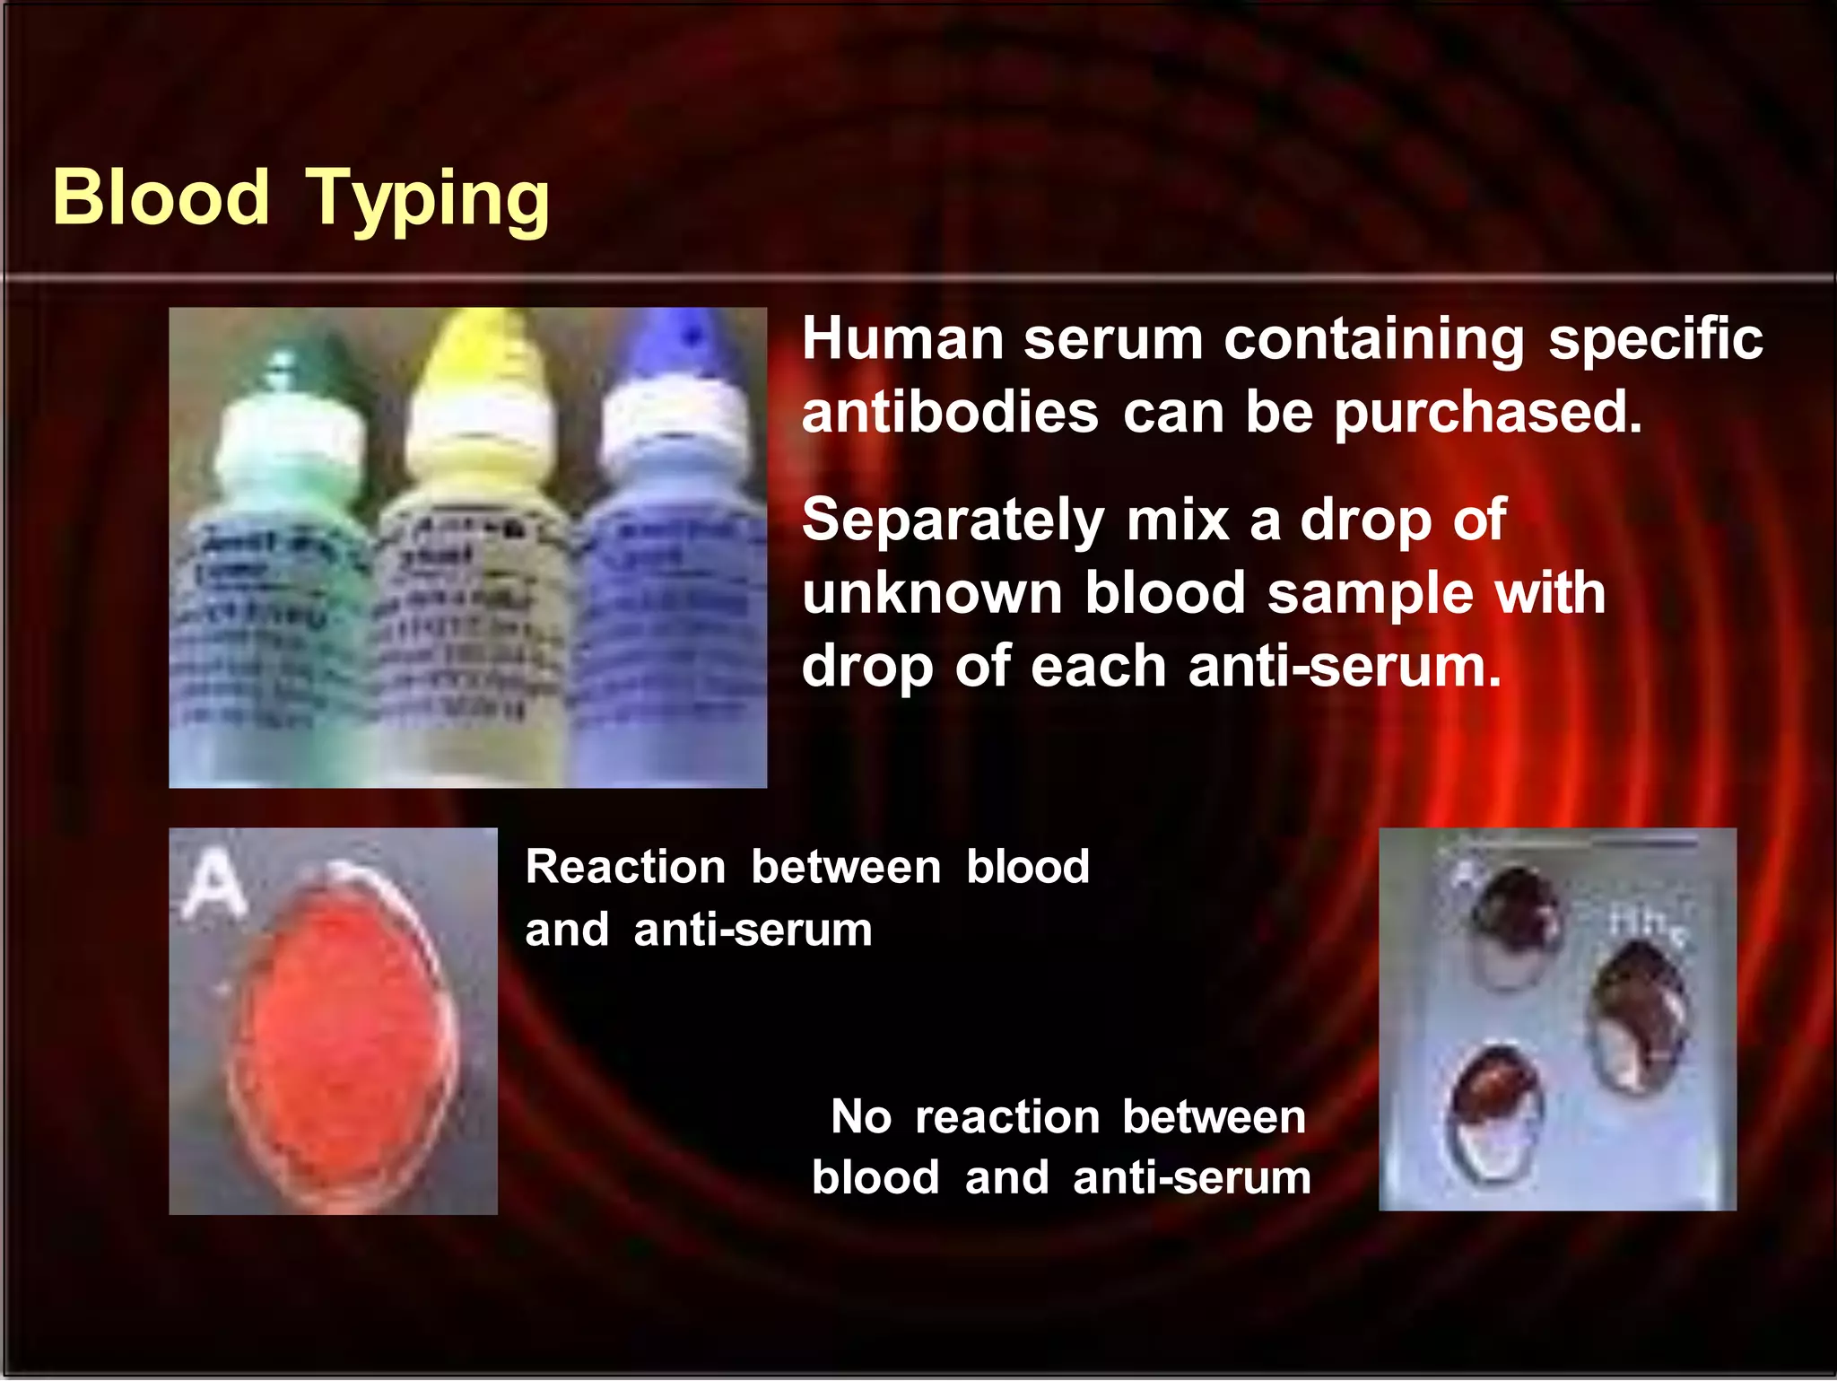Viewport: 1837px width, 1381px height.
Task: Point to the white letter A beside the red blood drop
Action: coord(213,886)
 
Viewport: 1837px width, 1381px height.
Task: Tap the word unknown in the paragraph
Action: coord(933,594)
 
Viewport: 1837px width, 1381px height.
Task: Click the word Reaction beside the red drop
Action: coord(625,868)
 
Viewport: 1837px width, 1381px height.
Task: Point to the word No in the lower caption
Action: coord(861,1117)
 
